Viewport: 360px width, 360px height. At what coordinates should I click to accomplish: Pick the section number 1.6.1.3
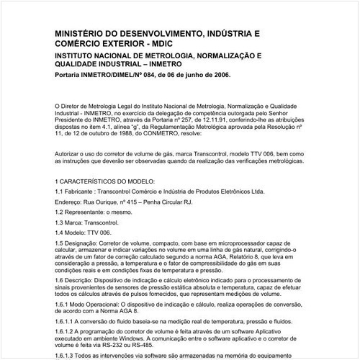coord(66,356)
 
